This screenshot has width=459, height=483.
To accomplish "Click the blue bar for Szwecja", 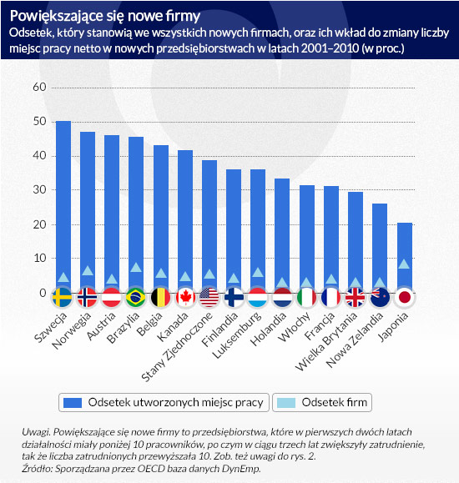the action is (63, 206).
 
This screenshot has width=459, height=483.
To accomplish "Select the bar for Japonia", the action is (405, 258).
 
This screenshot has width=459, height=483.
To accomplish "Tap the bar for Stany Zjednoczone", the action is (209, 226).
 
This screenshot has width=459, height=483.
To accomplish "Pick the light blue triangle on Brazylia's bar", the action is (136, 268).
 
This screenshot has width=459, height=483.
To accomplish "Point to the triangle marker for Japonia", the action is (404, 264).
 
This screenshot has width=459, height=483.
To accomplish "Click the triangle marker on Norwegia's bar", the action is (88, 271).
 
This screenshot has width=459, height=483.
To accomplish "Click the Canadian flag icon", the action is (185, 298).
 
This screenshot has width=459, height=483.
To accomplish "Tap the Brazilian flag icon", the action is (136, 298).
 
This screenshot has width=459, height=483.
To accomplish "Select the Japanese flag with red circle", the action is (405, 298).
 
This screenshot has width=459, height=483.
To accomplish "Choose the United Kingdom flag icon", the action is (356, 298).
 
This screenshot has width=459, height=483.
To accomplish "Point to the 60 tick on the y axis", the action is (39, 88).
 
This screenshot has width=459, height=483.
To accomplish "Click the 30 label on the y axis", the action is (39, 189).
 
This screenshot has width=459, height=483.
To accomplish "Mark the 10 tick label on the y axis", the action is (39, 258).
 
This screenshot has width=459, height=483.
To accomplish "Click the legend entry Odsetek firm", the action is (322, 403).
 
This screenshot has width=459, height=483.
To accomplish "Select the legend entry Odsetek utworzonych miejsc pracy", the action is (164, 403).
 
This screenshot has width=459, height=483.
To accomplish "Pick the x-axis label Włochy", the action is (294, 327).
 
